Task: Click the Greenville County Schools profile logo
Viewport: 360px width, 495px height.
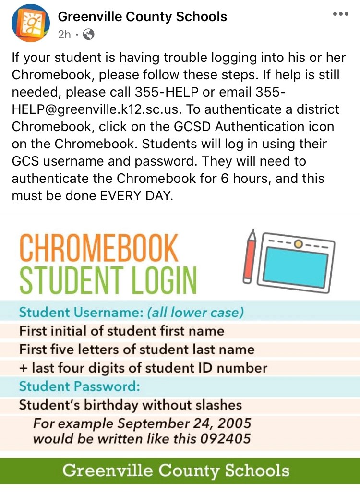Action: coord(30,23)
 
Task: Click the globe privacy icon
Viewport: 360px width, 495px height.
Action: coord(89,34)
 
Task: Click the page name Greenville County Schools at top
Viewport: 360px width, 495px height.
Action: coord(142,17)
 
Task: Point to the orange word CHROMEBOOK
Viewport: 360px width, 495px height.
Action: coord(99,248)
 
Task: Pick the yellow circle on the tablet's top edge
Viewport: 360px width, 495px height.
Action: coord(299,244)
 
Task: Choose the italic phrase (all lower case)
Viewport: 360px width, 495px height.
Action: coord(195,313)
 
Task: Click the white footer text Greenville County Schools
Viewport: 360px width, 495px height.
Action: coord(176,470)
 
